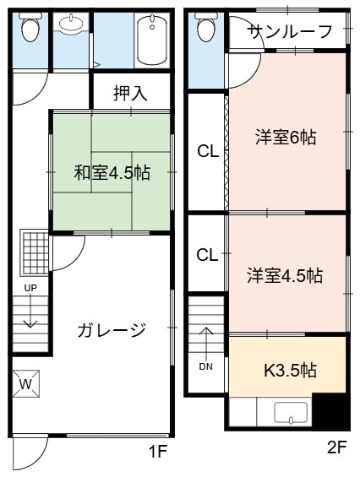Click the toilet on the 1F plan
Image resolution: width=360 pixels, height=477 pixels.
point(30,27)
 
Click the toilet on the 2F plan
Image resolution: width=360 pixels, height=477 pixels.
point(206,27)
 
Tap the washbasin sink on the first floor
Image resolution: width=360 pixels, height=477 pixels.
point(71,23)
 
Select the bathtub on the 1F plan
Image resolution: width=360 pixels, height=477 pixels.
point(151,41)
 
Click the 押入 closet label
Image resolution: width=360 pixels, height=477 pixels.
point(130,93)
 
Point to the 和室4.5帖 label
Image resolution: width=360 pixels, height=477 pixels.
point(112,173)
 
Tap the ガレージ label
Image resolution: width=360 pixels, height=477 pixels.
point(112,330)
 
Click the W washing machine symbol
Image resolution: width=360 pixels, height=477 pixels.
point(26,383)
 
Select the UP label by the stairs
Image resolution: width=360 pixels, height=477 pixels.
point(30,288)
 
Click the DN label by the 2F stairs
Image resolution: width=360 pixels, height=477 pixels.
point(206,367)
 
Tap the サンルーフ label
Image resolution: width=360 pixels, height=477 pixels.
point(290,31)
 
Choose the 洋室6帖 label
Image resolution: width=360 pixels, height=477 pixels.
point(286,138)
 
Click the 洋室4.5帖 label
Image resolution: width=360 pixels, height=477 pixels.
point(285,275)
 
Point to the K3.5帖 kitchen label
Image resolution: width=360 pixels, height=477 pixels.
point(290,371)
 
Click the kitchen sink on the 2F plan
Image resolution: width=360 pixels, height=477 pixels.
point(291,413)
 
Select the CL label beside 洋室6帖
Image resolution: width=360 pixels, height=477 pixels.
point(208,151)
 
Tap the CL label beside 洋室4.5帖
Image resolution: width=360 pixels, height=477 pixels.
point(207,255)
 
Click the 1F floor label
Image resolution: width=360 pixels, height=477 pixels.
point(158,452)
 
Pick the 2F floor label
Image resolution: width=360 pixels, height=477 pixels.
point(337,447)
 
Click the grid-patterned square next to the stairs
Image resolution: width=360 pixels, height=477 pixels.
point(34,253)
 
